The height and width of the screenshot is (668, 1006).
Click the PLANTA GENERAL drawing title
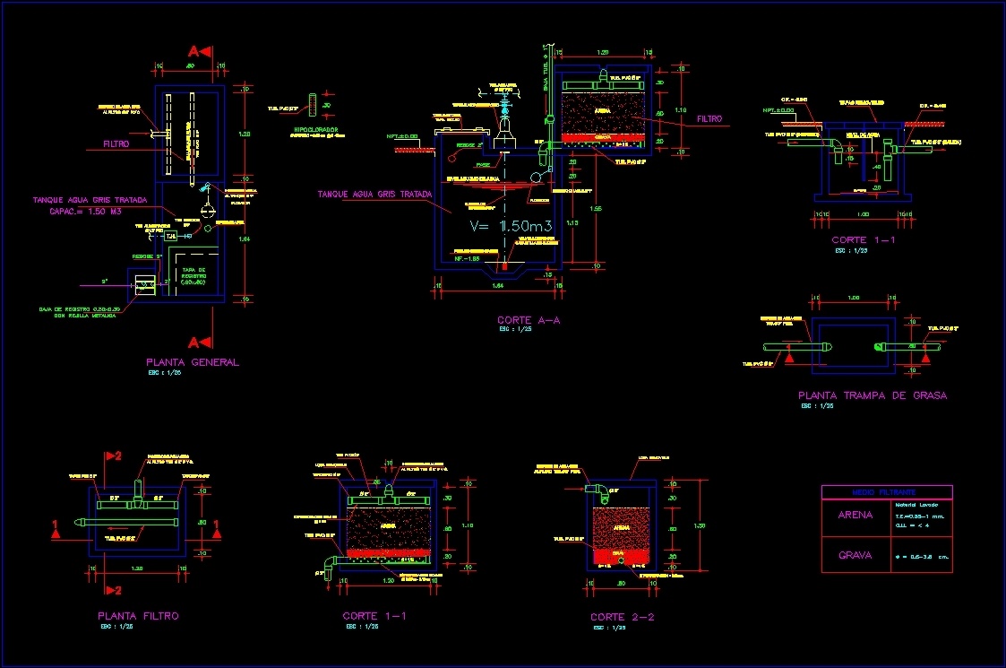pyautogui.click(x=193, y=362)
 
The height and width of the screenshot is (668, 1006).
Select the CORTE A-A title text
pyautogui.click(x=535, y=320)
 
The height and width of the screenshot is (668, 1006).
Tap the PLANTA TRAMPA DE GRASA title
pyautogui.click(x=872, y=395)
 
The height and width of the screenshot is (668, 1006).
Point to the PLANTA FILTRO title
pyautogui.click(x=138, y=616)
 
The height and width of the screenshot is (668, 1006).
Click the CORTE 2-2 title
pyautogui.click(x=623, y=618)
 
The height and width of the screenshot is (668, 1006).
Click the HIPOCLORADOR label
pyautogui.click(x=314, y=129)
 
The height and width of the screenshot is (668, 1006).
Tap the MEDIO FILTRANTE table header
pyautogui.click(x=886, y=492)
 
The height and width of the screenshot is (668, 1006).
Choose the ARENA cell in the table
pyautogui.click(x=855, y=516)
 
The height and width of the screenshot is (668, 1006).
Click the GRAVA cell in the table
pyautogui.click(x=855, y=555)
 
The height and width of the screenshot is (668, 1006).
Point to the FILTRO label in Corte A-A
pyautogui.click(x=709, y=118)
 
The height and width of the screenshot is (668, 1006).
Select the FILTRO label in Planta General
pyautogui.click(x=116, y=143)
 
